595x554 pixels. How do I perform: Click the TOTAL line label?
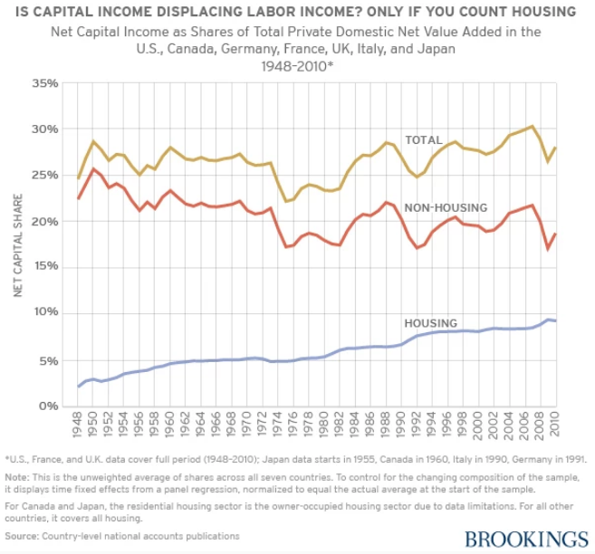tap(424, 140)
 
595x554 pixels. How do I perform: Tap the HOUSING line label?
tap(429, 323)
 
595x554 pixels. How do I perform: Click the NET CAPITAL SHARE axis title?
tap(17, 244)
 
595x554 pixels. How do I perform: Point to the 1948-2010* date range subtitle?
tap(297, 66)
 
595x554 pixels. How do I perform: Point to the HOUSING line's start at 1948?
tap(79, 387)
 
